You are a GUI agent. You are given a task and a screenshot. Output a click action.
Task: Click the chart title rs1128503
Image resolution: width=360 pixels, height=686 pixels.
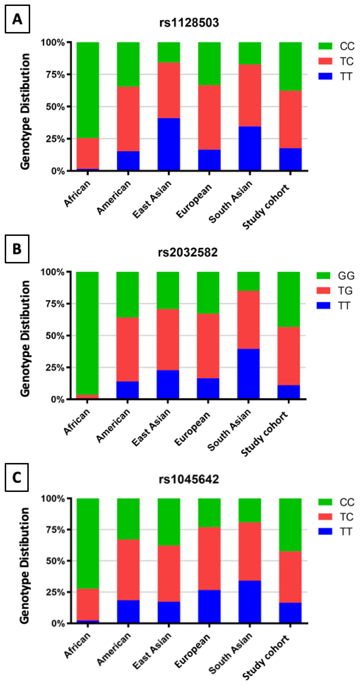point(189,23)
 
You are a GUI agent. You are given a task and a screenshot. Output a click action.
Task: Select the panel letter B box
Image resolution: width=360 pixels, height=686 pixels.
point(17,249)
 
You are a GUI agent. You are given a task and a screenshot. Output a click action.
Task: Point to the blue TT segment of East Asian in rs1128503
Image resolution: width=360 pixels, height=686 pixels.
point(169,144)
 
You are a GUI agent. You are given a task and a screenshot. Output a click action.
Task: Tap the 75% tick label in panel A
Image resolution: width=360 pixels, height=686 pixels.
point(55,74)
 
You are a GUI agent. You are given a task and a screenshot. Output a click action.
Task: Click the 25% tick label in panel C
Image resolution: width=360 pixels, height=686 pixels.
point(55,592)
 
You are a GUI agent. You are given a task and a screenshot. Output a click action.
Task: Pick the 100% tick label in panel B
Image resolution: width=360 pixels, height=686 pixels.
point(53,272)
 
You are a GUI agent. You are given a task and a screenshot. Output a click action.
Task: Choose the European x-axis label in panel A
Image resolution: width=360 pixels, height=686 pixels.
point(194,201)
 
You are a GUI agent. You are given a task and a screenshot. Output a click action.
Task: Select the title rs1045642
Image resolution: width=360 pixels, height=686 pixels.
point(189,479)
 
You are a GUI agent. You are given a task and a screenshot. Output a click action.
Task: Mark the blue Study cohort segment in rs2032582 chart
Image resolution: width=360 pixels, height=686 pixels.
point(289,392)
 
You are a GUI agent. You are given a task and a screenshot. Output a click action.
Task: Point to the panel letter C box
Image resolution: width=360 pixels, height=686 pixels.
point(16,477)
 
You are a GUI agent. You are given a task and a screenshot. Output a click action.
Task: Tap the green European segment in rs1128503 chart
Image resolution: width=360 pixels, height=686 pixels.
point(209,63)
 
